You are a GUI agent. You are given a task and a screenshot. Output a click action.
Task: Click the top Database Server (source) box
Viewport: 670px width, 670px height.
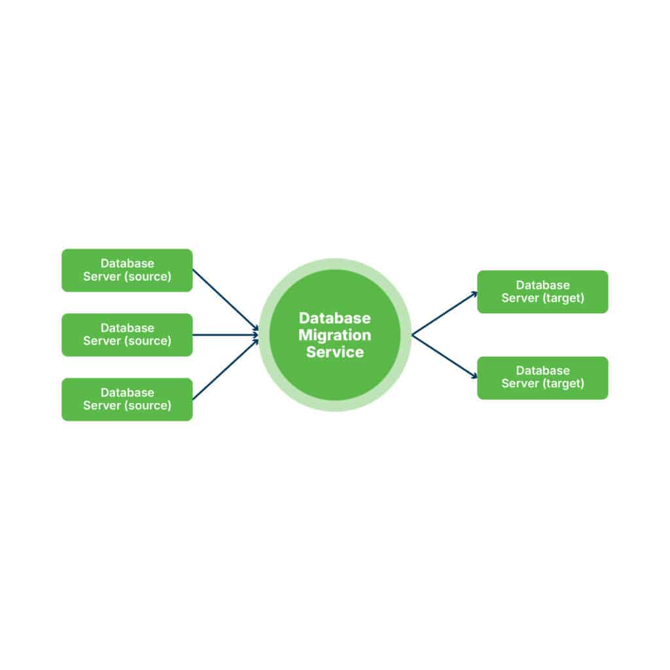[x=127, y=270]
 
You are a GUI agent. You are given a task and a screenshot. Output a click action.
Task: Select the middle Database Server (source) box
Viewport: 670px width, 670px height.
[x=127, y=335]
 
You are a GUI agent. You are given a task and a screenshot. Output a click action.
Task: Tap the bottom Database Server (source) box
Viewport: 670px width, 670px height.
[x=127, y=400]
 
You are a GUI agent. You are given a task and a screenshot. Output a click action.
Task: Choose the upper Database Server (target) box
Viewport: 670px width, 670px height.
[x=542, y=292]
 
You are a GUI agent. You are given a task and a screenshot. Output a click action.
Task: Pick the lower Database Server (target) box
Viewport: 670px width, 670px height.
[x=542, y=378]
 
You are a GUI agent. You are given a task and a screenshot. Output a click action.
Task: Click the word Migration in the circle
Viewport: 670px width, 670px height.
[x=334, y=335]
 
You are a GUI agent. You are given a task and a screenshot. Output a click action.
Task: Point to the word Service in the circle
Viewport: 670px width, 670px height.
[x=335, y=352]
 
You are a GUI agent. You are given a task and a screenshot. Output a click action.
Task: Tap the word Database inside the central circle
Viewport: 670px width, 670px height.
[x=334, y=318]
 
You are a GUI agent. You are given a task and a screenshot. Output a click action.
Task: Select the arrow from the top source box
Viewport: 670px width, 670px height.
[x=226, y=300]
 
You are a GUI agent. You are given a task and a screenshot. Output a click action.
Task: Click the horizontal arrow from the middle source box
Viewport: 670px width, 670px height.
[x=226, y=335]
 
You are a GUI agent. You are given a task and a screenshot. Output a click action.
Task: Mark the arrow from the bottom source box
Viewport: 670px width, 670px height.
[x=226, y=370]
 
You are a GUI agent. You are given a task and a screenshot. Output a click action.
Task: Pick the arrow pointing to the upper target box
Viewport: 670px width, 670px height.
[x=444, y=313]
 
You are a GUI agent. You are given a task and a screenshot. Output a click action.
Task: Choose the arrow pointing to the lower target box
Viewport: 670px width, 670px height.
[x=444, y=357]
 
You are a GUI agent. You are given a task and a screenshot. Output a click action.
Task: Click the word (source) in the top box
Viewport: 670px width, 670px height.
[x=148, y=277]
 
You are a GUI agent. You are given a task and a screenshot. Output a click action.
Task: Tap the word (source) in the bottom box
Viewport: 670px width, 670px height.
[x=148, y=406]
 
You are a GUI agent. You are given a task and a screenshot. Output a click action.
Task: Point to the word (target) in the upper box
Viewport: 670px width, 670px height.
[x=563, y=298]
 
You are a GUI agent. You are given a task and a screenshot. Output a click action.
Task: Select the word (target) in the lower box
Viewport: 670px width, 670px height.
[x=563, y=383]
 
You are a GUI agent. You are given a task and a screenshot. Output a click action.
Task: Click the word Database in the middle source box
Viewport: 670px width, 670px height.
[x=128, y=328]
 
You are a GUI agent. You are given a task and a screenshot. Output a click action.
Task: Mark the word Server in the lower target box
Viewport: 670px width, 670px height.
[x=520, y=383]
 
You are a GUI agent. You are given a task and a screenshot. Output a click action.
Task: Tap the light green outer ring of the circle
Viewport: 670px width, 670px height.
[x=335, y=264]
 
